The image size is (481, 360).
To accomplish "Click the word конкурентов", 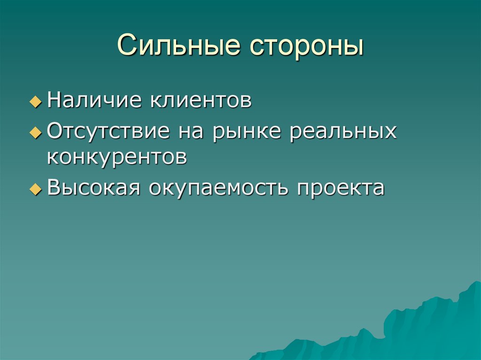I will [117, 157].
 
